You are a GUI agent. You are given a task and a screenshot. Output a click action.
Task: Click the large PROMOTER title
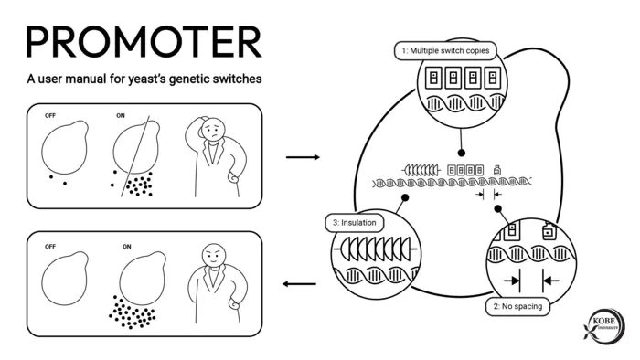click(144, 42)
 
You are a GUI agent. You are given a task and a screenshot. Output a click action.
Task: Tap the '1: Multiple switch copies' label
click(445, 51)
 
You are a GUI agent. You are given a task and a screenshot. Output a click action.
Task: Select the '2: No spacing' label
click(517, 306)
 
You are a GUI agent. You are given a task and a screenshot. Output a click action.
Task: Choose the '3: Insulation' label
click(355, 223)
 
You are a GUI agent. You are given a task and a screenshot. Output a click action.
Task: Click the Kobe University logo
click(604, 326)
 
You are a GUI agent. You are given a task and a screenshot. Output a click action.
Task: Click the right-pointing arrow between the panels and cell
click(303, 157)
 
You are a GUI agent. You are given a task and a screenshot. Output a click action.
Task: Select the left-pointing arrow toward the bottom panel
click(299, 284)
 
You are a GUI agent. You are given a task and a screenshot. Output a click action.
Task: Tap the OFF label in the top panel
click(50, 116)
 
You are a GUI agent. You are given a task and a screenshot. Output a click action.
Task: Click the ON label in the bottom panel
click(127, 247)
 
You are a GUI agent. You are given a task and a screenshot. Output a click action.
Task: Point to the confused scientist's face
click(212, 130)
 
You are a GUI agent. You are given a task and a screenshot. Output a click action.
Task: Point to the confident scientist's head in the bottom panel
click(214, 255)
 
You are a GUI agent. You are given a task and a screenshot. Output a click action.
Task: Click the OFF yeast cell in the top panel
click(65, 147)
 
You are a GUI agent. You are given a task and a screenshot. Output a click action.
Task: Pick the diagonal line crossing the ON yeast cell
click(135, 156)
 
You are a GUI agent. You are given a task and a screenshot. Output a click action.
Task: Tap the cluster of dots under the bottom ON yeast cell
click(133, 312)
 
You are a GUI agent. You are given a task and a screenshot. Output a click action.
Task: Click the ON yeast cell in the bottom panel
click(143, 278)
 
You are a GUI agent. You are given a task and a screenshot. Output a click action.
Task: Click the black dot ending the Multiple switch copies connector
click(461, 153)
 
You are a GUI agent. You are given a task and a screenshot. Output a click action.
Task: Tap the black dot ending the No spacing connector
click(497, 208)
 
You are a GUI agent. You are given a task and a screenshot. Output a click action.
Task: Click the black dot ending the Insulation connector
click(405, 197)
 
